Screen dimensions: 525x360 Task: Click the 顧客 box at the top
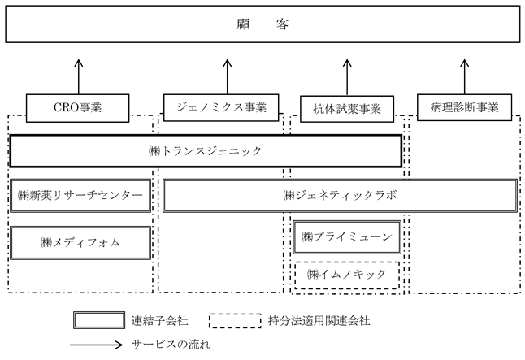262,24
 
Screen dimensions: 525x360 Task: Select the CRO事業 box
78,108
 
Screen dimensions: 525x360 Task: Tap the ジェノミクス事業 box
221,107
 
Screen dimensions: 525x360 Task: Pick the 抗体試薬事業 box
347,109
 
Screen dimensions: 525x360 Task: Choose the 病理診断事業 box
464,107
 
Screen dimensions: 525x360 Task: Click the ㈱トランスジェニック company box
206,151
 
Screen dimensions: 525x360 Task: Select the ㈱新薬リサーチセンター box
80,196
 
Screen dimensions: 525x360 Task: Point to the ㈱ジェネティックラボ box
341,196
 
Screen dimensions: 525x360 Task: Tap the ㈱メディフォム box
80,243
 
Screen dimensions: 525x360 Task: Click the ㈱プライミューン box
347,237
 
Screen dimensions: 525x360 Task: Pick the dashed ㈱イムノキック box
347,275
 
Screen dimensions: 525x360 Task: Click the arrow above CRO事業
79,76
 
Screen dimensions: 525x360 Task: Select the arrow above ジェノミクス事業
228,76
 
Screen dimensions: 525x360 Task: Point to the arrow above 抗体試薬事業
347,78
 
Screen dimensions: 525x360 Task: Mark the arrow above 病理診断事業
464,76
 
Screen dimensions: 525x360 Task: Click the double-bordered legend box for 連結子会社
99,320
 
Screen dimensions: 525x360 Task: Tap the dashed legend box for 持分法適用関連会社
235,321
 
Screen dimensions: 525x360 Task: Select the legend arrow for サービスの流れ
97,345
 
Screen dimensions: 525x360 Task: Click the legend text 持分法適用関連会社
319,321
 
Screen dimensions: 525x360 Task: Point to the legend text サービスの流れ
171,345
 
